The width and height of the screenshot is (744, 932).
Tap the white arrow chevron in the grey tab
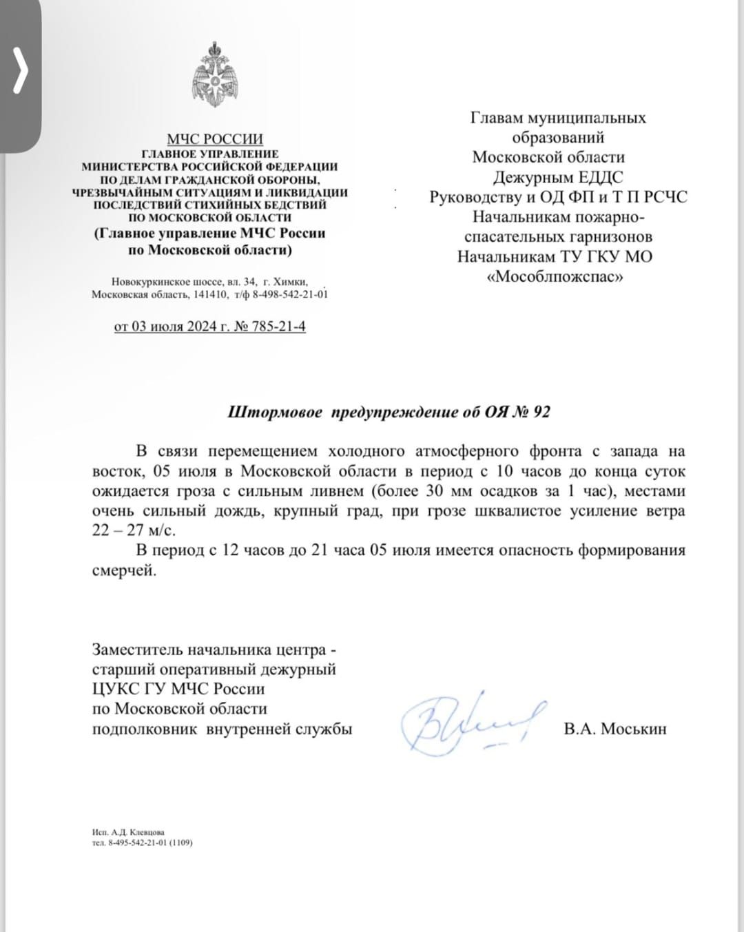[x=21, y=72]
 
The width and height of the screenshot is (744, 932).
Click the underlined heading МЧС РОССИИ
[x=215, y=139]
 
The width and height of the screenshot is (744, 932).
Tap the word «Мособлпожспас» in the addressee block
[x=555, y=277]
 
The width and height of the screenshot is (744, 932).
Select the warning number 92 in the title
[x=541, y=413]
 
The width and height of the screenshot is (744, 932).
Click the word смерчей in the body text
[x=123, y=570]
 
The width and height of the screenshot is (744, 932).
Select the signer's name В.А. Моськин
[x=614, y=728]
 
